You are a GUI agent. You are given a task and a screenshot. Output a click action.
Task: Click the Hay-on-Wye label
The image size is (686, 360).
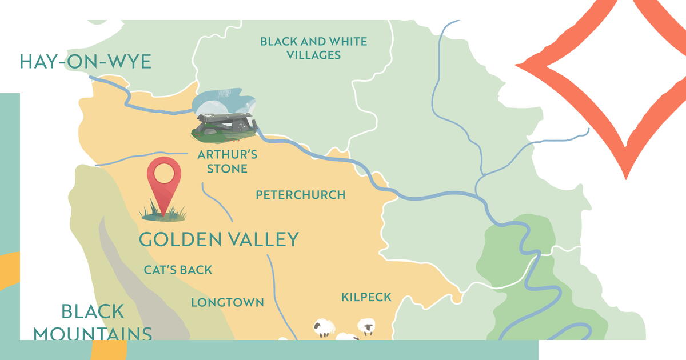[x=85, y=61]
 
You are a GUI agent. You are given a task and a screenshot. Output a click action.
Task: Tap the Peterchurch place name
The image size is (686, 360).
[x=300, y=195]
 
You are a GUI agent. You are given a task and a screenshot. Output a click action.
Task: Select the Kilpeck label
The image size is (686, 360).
[x=366, y=297]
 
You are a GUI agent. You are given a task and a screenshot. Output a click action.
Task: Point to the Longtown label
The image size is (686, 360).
[x=227, y=302]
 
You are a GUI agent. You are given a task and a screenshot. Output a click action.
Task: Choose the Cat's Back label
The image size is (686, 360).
[x=178, y=270]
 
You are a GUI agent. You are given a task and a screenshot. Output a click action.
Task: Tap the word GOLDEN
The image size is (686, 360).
[x=174, y=239]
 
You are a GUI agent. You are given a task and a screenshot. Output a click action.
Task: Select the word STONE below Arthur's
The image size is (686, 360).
[x=227, y=169]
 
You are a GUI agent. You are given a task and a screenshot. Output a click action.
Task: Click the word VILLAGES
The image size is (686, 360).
[x=314, y=55]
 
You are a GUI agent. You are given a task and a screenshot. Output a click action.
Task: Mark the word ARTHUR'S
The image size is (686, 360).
[x=227, y=154]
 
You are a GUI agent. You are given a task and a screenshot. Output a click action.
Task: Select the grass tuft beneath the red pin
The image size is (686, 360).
[x=163, y=214]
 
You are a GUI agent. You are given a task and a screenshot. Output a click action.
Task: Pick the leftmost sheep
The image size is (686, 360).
[x=324, y=328]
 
